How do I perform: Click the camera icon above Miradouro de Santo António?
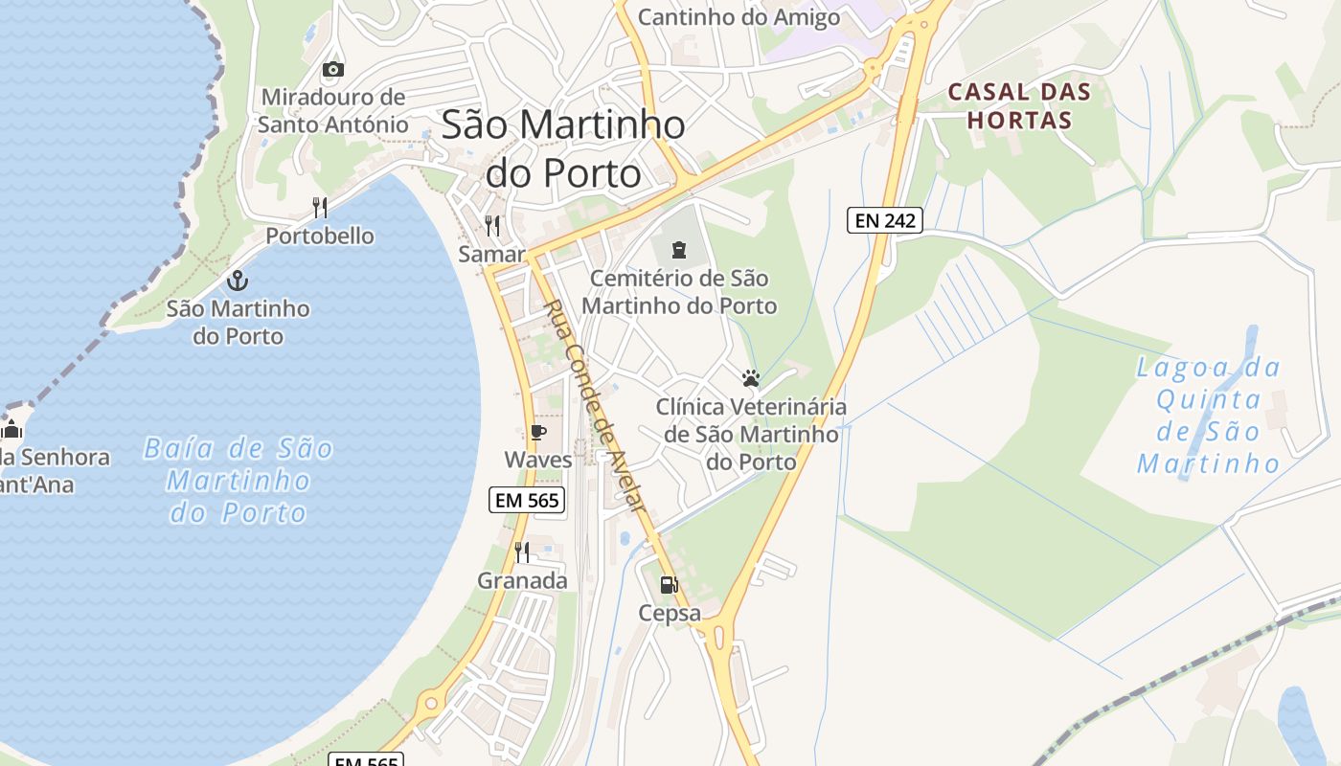(x=333, y=69)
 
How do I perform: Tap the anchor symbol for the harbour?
(x=237, y=281)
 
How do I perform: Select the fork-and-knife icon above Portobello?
(x=320, y=207)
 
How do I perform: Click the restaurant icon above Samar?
(x=492, y=226)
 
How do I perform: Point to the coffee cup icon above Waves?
(x=537, y=433)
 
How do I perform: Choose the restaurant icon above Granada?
(x=522, y=552)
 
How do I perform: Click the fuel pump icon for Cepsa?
(x=669, y=584)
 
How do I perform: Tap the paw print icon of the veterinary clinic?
(x=751, y=378)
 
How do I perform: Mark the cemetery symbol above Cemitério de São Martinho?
(x=679, y=251)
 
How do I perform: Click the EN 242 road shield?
(x=884, y=220)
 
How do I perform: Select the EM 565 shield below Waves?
(x=527, y=499)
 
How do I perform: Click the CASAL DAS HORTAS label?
(x=1019, y=106)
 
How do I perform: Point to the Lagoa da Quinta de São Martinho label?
(x=1209, y=416)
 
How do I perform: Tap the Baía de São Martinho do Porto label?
(x=239, y=481)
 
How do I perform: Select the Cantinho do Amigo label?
(x=739, y=17)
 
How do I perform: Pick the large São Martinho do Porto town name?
(x=563, y=148)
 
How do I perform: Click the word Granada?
(x=522, y=580)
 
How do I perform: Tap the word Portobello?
(x=320, y=236)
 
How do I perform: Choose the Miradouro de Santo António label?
(x=332, y=110)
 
